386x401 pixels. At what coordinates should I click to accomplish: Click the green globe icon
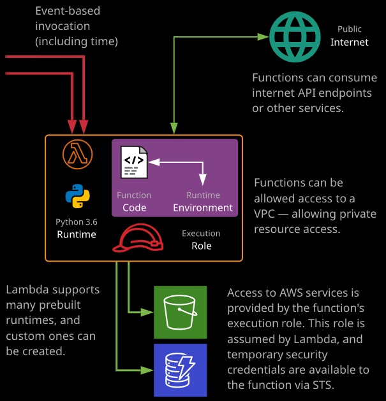point(295,37)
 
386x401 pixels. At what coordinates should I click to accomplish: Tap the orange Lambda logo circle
point(77,154)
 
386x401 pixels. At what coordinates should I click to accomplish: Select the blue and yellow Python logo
point(77,196)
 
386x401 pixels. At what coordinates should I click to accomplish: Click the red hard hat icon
point(138,238)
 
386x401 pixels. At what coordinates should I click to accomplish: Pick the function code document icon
point(134,162)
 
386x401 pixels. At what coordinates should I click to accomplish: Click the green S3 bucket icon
point(180,313)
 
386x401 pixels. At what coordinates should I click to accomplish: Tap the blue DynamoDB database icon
point(180,370)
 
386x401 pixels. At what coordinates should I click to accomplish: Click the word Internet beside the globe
point(350,42)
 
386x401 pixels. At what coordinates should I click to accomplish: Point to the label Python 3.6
point(77,222)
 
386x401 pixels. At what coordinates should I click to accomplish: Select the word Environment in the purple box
point(203,208)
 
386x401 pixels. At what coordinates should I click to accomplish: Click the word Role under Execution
point(202,246)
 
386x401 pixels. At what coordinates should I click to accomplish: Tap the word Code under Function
point(135,208)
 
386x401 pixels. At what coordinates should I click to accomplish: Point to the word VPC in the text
point(264,214)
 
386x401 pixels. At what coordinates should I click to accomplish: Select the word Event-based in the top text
point(68,11)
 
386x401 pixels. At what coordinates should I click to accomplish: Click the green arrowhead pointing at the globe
point(264,37)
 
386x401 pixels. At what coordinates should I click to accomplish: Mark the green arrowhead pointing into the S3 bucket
point(147,312)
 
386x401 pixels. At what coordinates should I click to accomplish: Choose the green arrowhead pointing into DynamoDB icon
point(147,370)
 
